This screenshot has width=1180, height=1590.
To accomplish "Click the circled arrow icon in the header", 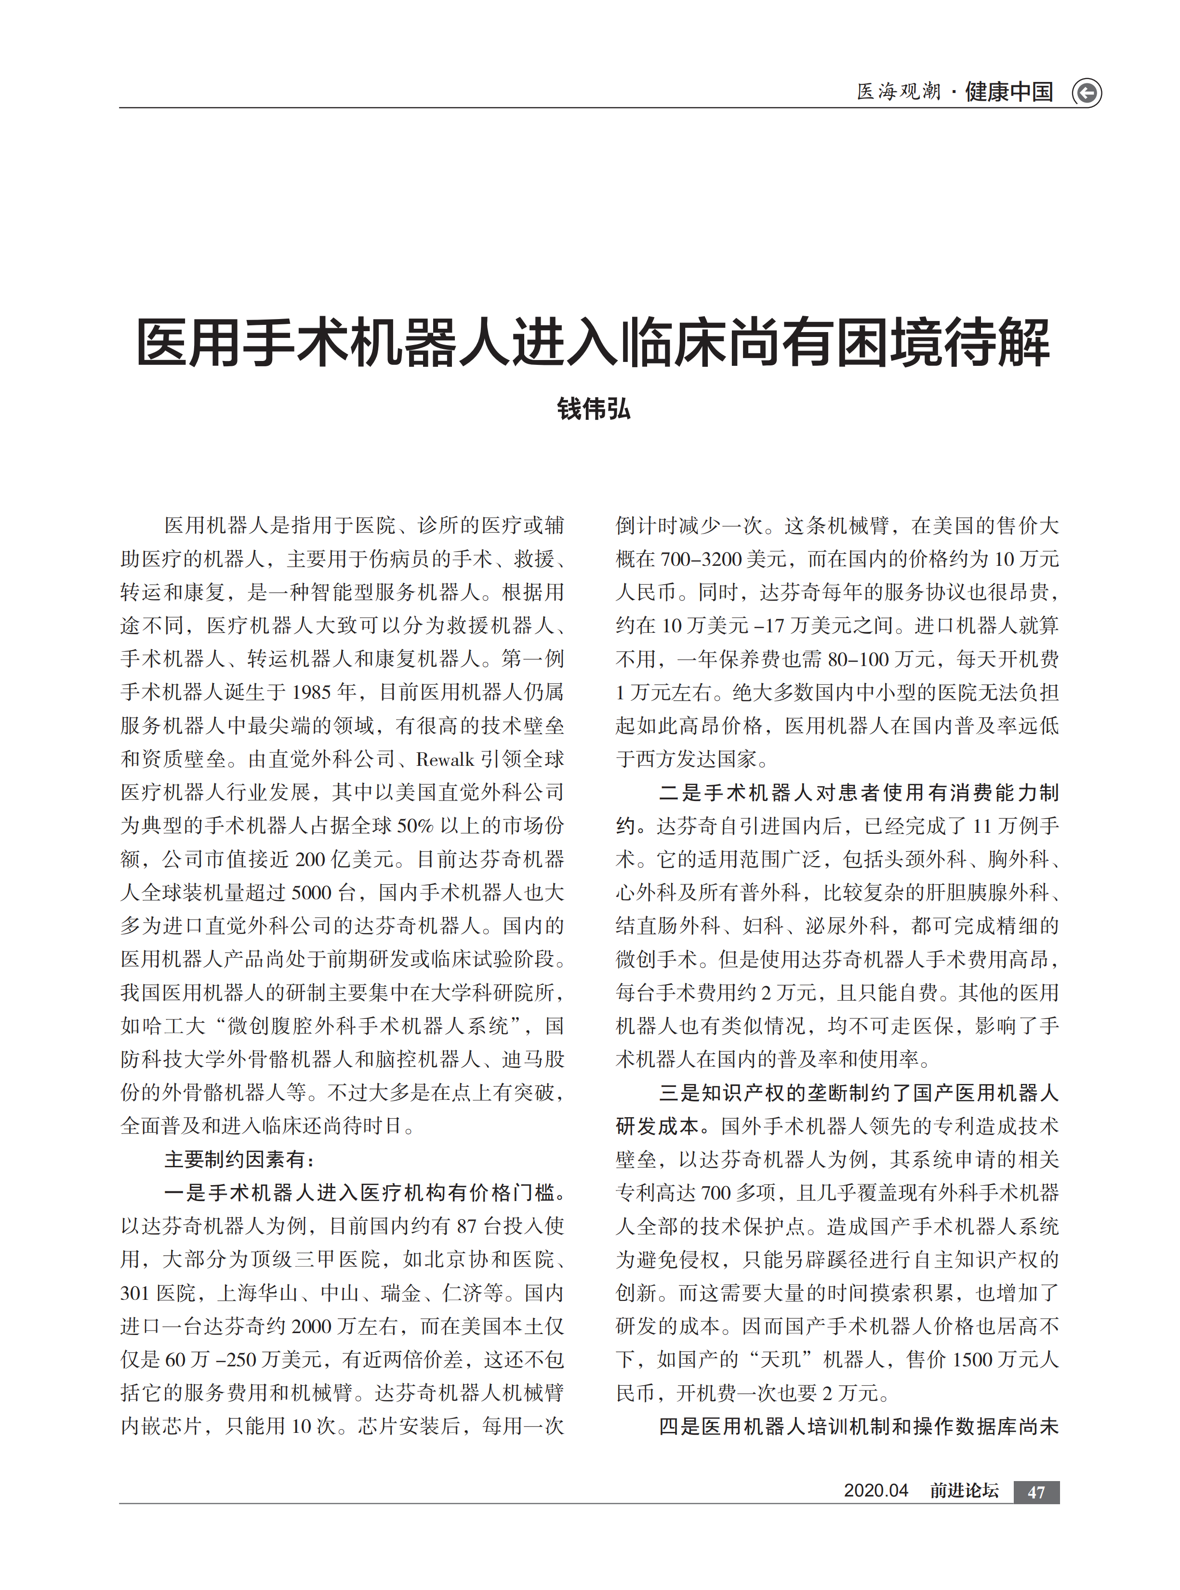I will (x=1087, y=93).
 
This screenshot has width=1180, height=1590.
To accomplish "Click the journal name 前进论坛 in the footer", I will (x=964, y=1491).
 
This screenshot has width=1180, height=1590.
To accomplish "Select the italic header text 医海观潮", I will (x=899, y=92).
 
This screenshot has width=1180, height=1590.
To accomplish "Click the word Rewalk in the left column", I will (x=445, y=759).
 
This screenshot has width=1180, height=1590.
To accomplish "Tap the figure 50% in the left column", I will (x=415, y=826).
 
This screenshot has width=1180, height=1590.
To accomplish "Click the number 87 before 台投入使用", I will (x=466, y=1227).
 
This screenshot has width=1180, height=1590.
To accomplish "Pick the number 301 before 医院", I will (x=135, y=1293).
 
